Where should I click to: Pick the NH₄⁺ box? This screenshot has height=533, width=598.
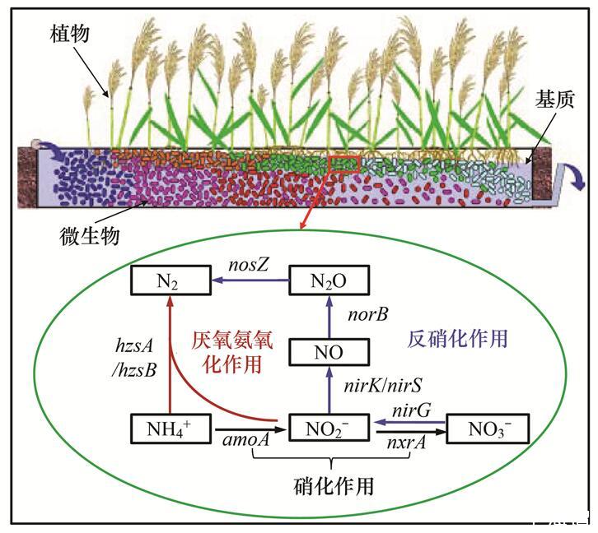pyautogui.click(x=168, y=429)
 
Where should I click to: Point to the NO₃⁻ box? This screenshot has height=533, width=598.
pyautogui.click(x=486, y=429)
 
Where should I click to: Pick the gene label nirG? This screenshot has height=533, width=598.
pyautogui.click(x=409, y=411)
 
